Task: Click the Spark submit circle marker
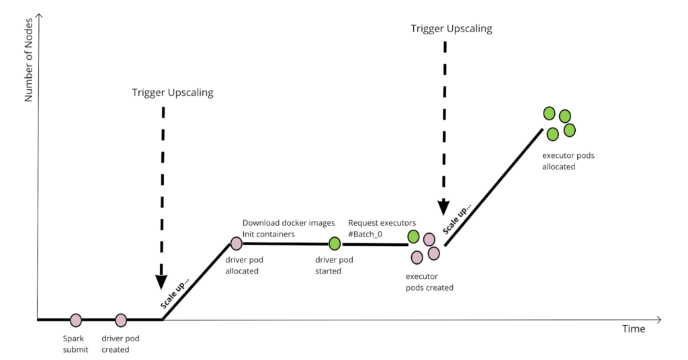[x=75, y=320]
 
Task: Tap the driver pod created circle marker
[x=121, y=320]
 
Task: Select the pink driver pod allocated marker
[x=236, y=243]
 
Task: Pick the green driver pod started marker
[x=335, y=243]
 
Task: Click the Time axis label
[x=633, y=329]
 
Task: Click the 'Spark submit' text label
[x=75, y=344]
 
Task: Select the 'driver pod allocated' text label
[x=242, y=266]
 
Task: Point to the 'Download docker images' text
[x=288, y=223]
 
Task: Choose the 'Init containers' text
[x=268, y=234]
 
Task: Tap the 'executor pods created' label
[x=429, y=282]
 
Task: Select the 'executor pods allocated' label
[x=568, y=161]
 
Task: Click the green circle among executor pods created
[x=413, y=236]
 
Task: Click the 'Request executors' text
[x=382, y=222]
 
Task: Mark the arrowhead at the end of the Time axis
[x=658, y=320]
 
